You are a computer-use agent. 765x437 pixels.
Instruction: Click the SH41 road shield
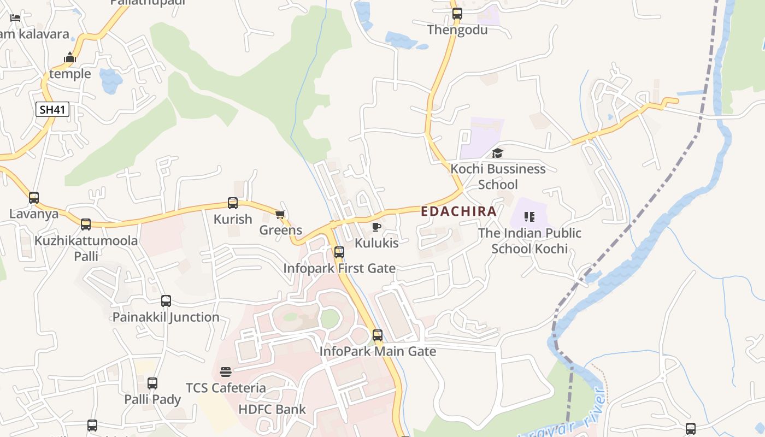click(52, 109)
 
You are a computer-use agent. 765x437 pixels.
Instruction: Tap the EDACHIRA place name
click(458, 211)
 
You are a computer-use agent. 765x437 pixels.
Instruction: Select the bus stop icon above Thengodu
click(457, 14)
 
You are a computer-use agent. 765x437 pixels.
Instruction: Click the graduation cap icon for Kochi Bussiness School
click(497, 153)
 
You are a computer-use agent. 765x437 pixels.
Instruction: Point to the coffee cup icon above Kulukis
click(376, 227)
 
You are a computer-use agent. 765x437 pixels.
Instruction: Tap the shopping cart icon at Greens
click(280, 214)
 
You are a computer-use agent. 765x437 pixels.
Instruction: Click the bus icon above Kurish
click(233, 203)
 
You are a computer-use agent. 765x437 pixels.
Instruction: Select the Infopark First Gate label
click(339, 268)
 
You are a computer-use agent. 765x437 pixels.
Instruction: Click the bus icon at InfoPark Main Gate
click(378, 335)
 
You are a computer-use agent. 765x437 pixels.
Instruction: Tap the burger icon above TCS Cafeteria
click(226, 372)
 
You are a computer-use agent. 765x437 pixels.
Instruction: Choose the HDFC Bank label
click(272, 409)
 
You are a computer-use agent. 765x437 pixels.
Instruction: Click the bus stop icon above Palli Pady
click(152, 383)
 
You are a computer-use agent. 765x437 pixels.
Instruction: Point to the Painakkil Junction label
click(166, 317)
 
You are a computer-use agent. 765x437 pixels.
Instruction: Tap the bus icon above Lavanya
click(34, 198)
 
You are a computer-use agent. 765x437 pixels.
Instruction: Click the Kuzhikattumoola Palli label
click(86, 248)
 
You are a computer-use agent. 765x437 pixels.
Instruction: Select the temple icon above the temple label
click(70, 57)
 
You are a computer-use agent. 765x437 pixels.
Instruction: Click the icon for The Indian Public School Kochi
click(529, 217)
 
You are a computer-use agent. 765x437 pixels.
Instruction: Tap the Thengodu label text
click(457, 29)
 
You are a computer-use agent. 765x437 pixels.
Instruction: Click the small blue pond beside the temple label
click(111, 81)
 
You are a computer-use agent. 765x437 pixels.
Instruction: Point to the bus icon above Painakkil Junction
click(166, 301)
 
